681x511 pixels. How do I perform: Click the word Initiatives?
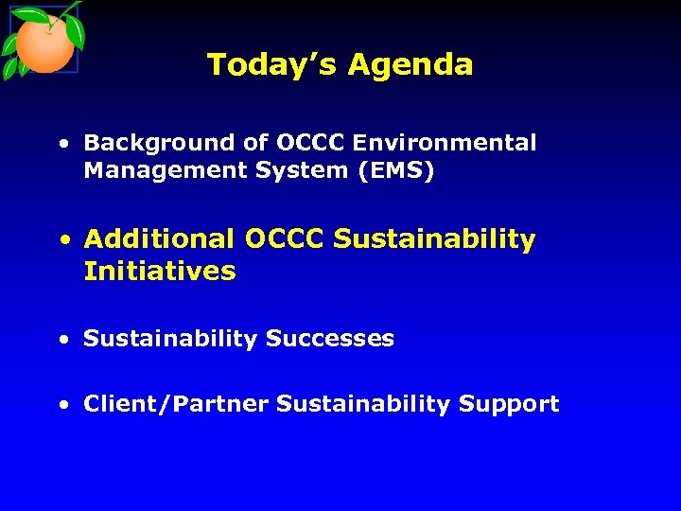pos(160,272)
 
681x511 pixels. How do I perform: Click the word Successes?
pos(330,339)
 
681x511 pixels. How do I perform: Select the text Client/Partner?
pos(176,404)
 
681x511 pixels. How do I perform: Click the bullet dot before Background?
pos(61,145)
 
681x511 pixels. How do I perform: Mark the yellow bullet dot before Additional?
pos(61,241)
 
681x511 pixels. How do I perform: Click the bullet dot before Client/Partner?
pos(61,406)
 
